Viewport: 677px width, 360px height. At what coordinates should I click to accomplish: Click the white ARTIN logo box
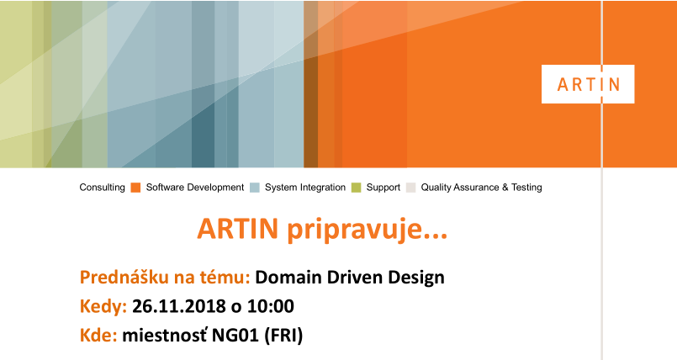click(x=588, y=84)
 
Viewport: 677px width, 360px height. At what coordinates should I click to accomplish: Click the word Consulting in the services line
click(x=102, y=188)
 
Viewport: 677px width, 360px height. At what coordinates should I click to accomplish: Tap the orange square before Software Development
click(x=135, y=188)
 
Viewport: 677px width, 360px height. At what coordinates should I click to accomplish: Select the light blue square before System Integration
click(x=255, y=188)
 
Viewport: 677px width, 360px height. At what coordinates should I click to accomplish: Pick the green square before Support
click(x=357, y=188)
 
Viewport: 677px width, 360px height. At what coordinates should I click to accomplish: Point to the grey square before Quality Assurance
click(x=411, y=188)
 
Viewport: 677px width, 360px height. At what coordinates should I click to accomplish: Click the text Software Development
click(x=195, y=188)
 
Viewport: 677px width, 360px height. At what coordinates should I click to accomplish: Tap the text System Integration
click(x=305, y=188)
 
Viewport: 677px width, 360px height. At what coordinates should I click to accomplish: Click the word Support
click(x=383, y=188)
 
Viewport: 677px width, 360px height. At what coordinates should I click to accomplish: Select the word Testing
click(x=526, y=188)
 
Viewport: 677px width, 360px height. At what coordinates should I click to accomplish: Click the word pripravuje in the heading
click(x=368, y=230)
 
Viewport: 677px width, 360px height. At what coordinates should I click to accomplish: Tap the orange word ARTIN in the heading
click(x=237, y=228)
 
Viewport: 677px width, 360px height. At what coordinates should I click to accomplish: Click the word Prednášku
click(x=124, y=277)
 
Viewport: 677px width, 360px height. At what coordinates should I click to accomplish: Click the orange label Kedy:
click(x=103, y=307)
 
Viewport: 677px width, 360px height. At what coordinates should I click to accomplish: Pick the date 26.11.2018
click(x=179, y=306)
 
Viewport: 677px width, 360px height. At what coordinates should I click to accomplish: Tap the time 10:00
click(x=271, y=306)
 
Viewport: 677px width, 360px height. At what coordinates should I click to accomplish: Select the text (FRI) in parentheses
click(x=283, y=336)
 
